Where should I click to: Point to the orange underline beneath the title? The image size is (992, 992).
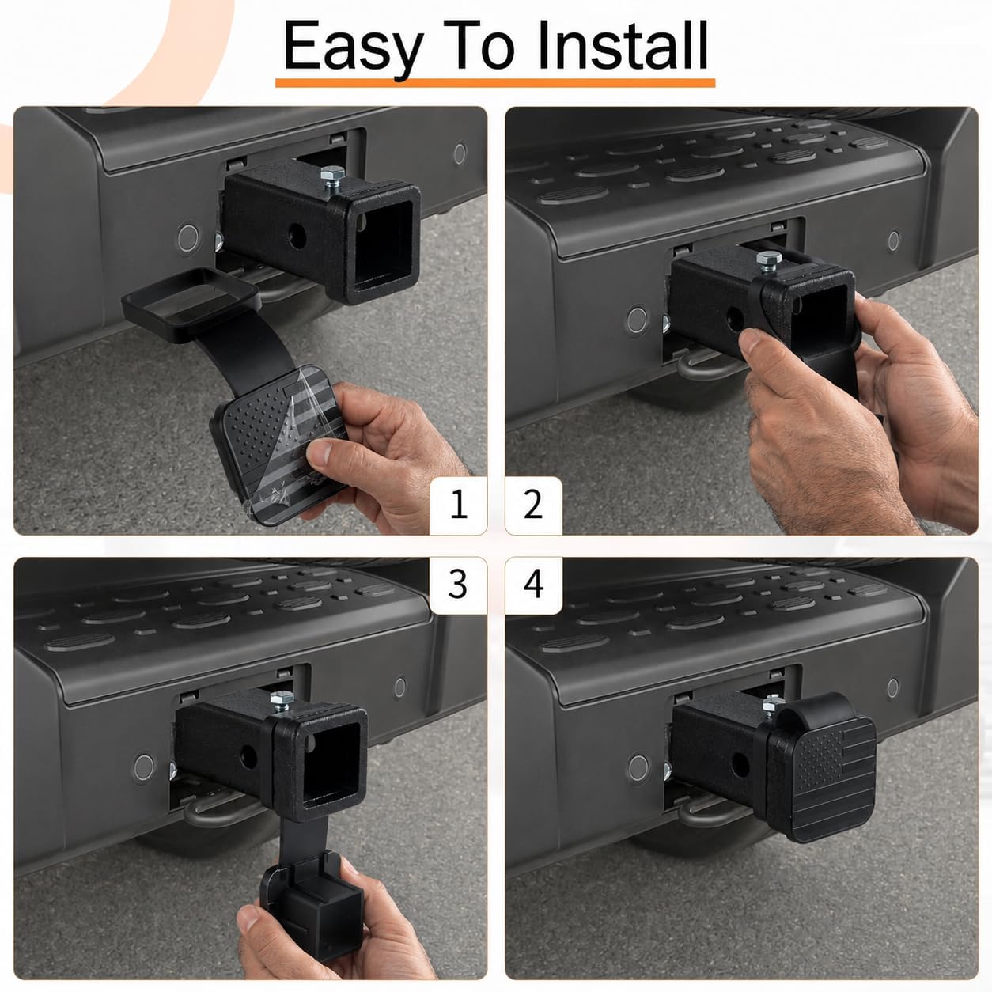point(495,82)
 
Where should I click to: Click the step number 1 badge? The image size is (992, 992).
point(458,505)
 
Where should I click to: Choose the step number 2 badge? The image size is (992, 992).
point(533,505)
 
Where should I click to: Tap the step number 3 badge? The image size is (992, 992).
point(458,585)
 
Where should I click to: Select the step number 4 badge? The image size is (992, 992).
point(533,585)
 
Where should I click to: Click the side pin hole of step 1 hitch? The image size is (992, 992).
point(297,237)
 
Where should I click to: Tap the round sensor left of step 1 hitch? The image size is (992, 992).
point(188,238)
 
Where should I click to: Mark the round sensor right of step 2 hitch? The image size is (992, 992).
point(893,241)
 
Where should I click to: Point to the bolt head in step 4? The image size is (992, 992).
point(773,702)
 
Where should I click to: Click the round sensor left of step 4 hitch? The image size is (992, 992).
point(639,768)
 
